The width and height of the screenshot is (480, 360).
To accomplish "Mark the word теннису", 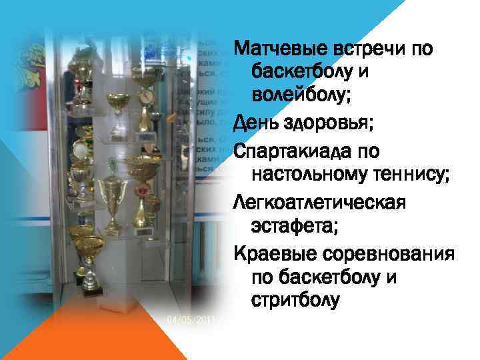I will (x=414, y=175).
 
